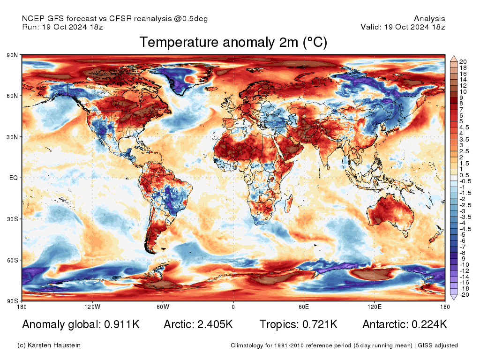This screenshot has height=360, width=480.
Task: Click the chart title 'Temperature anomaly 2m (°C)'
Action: (233, 43)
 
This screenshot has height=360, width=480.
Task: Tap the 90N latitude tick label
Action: (12, 55)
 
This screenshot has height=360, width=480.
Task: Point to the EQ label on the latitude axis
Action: (14, 178)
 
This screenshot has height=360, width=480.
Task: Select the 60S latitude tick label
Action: (12, 260)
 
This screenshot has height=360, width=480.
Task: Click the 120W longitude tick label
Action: (92, 307)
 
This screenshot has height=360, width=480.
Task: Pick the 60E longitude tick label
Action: (304, 307)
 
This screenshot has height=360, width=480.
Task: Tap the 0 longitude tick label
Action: (233, 307)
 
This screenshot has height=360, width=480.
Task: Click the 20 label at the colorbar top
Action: (463, 62)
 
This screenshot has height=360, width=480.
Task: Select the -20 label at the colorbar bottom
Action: (464, 295)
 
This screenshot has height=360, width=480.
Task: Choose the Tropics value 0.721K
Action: (318, 324)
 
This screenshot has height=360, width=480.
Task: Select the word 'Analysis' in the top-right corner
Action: (429, 19)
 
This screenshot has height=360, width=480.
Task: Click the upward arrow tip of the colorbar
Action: (454, 57)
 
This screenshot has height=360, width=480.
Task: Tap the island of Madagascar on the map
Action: (288, 202)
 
